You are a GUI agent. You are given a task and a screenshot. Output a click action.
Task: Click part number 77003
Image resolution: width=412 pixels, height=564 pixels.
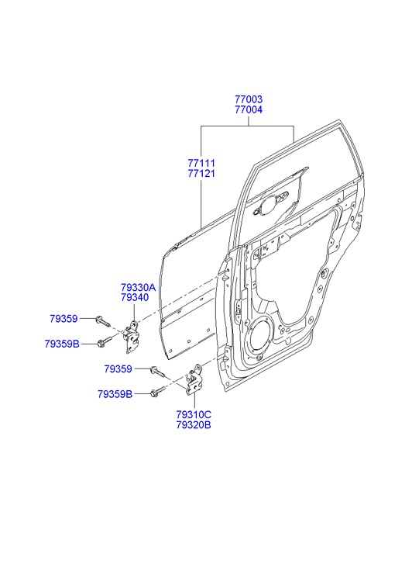tap(249, 99)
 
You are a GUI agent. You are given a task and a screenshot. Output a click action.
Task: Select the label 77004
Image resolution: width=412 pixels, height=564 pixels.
tap(249, 109)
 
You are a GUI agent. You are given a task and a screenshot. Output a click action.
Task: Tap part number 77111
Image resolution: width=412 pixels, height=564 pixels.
tap(201, 163)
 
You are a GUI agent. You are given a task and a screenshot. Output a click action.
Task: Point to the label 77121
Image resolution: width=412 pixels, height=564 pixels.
tap(201, 173)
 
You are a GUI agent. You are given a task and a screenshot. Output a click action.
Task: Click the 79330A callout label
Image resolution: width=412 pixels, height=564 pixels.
tap(138, 287)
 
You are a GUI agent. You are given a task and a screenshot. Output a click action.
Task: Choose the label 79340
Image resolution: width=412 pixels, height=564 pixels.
tap(135, 298)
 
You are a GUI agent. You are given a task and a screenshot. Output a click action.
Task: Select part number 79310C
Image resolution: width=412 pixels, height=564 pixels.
tap(194, 415)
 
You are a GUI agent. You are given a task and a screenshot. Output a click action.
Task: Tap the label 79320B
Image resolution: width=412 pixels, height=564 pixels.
tap(194, 425)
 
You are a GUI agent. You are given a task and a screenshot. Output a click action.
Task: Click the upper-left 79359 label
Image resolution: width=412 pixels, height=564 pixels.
tap(64, 319)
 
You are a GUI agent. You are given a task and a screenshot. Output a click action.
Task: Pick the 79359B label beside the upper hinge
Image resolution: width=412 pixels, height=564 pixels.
tap(62, 344)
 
